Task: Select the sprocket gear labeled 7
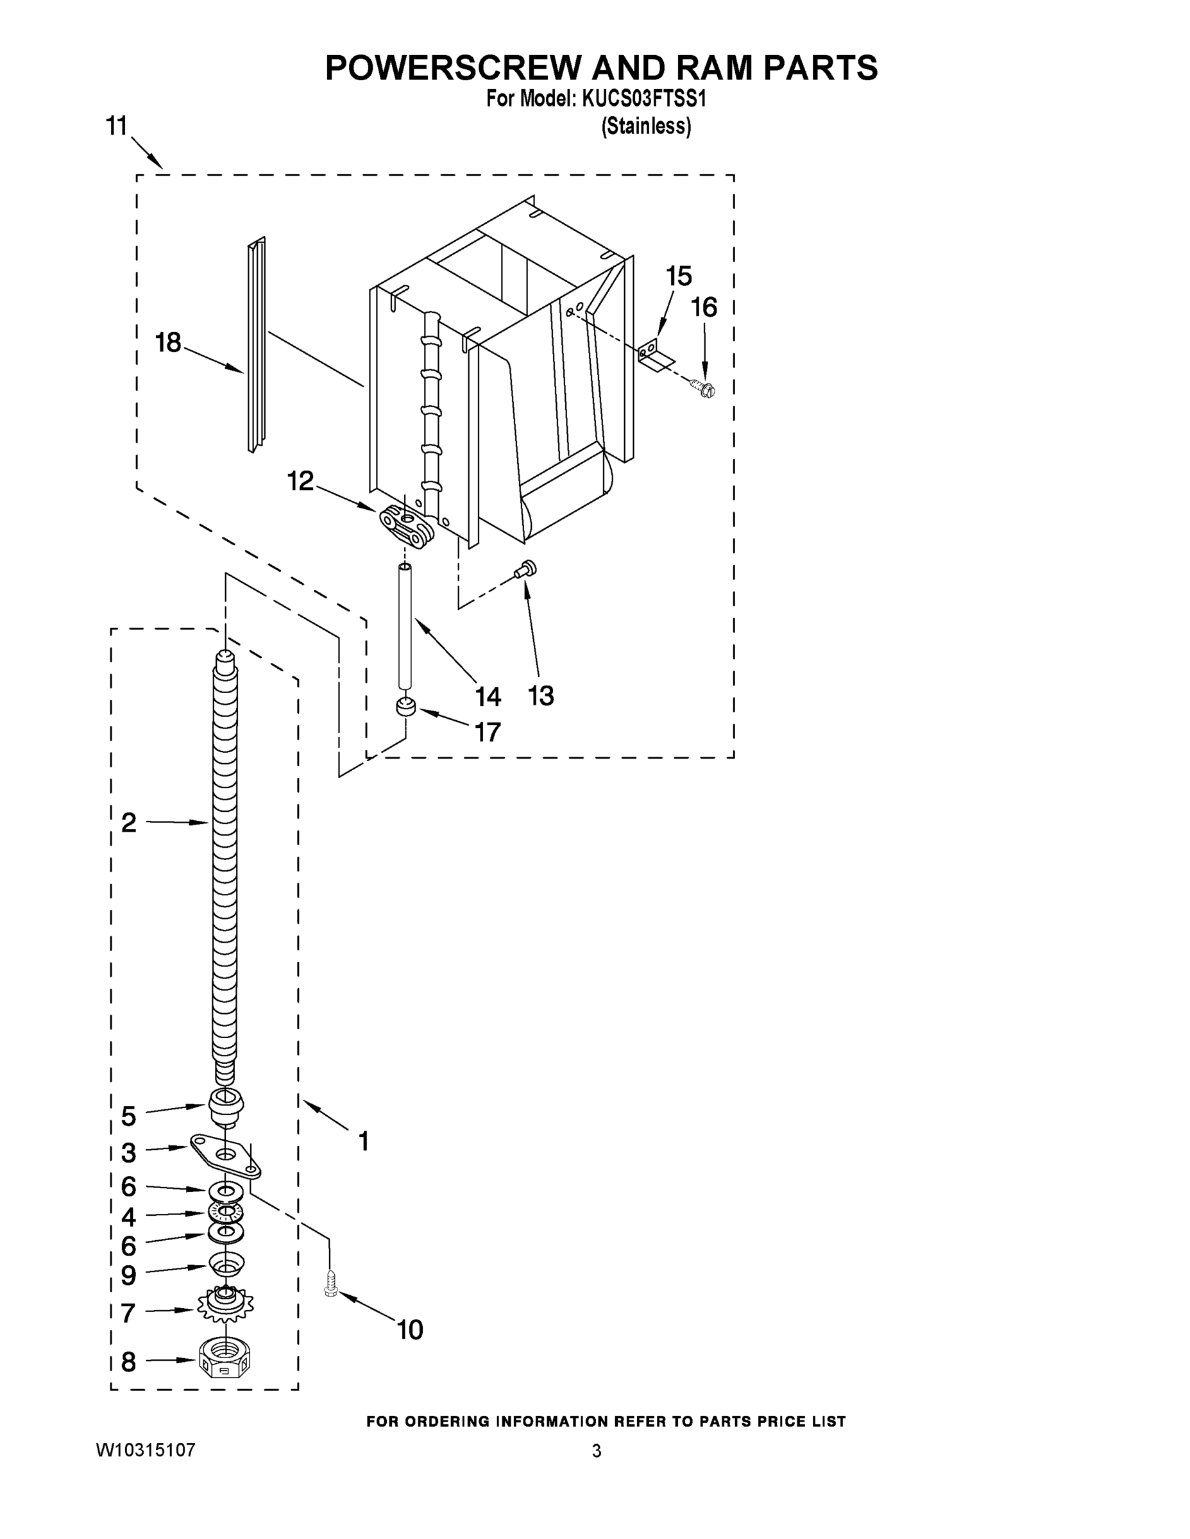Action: (x=226, y=1305)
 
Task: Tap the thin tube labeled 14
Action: (x=405, y=627)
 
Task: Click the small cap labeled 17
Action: (x=405, y=707)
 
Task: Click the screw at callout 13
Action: (x=526, y=569)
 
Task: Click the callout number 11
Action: (x=116, y=126)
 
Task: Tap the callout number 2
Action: (x=128, y=822)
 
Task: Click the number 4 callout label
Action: (x=128, y=1217)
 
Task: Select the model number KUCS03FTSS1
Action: (x=643, y=99)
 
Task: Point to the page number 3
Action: (x=597, y=1452)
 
